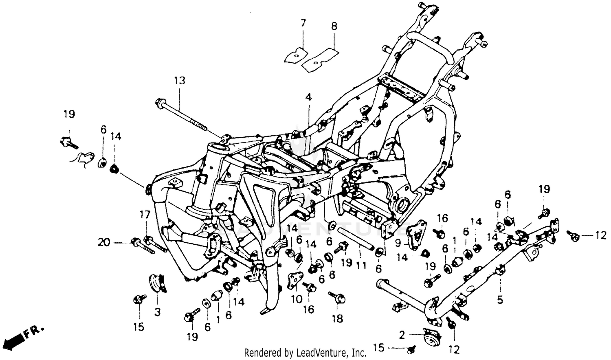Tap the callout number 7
click(303, 23)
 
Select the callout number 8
click(334, 26)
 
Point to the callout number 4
click(308, 97)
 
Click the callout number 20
click(104, 242)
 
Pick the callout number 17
click(145, 215)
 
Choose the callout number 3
click(157, 312)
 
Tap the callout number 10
click(297, 299)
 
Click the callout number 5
click(500, 300)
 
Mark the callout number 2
click(402, 335)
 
